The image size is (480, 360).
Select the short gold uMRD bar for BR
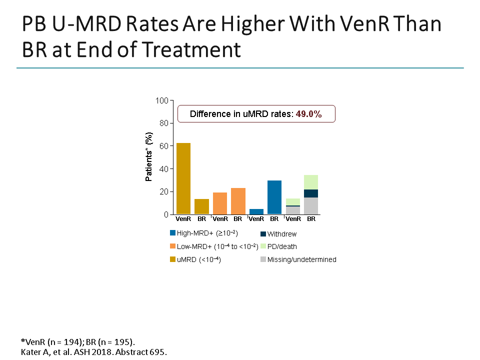(x=201, y=206)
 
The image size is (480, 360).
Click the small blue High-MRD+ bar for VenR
(x=256, y=211)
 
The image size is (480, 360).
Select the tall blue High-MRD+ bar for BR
(x=274, y=197)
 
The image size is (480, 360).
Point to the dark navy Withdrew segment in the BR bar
(x=311, y=193)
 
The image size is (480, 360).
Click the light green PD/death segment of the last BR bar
(x=311, y=182)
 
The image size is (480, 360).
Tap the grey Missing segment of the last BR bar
(x=311, y=206)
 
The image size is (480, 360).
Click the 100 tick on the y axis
(x=161, y=100)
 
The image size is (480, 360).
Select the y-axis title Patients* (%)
(x=149, y=157)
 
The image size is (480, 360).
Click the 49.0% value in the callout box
(x=308, y=114)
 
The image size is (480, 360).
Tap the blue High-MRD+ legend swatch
(x=173, y=233)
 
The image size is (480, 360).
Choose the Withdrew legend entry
(x=281, y=234)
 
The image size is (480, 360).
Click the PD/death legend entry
(x=282, y=246)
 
